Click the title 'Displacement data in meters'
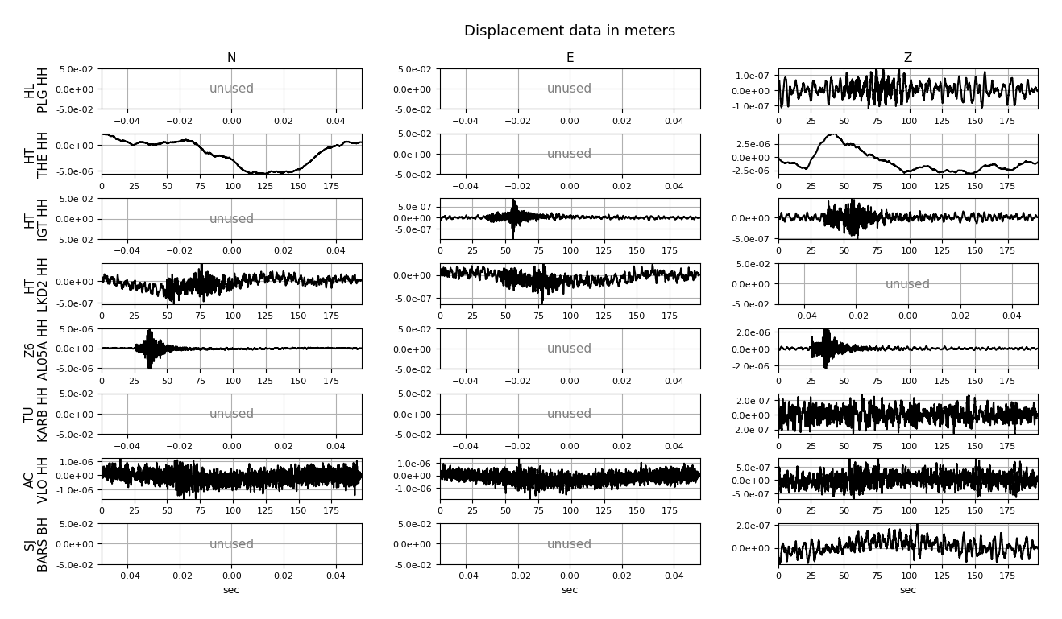tap(569, 31)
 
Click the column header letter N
tap(231, 58)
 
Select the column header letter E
tap(570, 58)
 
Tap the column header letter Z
tap(907, 58)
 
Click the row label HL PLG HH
tap(36, 89)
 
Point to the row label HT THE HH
tap(36, 154)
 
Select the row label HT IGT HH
tap(36, 219)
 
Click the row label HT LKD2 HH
tap(36, 283)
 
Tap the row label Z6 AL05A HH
tap(36, 349)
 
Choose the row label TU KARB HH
tap(36, 414)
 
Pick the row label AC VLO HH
tap(36, 479)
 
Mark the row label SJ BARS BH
tap(36, 544)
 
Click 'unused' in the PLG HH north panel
tap(231, 89)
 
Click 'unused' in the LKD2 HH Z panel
tap(907, 284)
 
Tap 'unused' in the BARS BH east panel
tap(570, 544)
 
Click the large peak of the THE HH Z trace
tap(832, 136)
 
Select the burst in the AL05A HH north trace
tap(150, 348)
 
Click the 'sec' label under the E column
tap(570, 590)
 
